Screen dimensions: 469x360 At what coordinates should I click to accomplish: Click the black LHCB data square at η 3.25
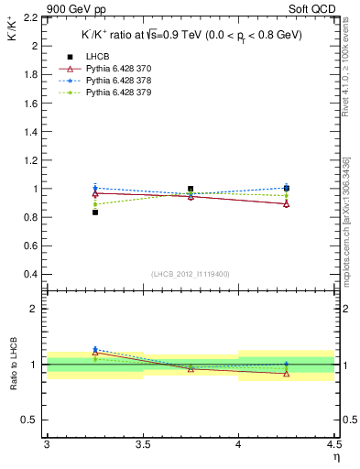click(94, 213)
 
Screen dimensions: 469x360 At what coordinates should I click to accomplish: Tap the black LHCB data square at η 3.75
click(191, 189)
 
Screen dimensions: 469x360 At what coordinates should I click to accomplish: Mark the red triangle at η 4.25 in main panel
click(287, 203)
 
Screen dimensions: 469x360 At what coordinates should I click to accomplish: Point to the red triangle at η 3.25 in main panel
click(94, 193)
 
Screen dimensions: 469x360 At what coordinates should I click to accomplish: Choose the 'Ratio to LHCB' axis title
click(11, 365)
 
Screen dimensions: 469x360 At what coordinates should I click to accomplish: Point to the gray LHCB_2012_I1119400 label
click(190, 274)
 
